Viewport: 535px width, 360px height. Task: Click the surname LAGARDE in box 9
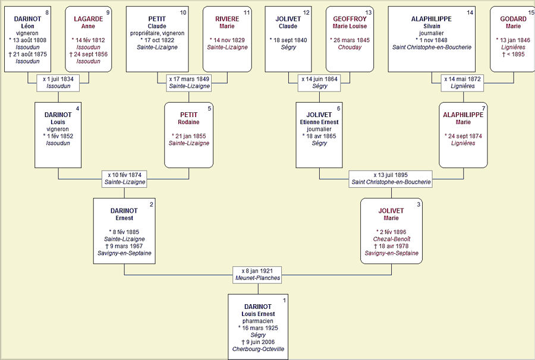(88, 19)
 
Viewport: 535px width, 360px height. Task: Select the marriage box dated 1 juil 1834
(58, 82)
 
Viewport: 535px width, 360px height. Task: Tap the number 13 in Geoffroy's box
(369, 12)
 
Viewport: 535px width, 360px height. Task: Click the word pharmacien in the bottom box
(257, 321)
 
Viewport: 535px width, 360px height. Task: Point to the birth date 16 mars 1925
(257, 328)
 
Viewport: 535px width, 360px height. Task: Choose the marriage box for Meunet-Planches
(257, 274)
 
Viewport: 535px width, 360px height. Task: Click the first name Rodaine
(188, 122)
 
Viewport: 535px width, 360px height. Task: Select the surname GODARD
(513, 19)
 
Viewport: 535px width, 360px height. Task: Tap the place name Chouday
(350, 48)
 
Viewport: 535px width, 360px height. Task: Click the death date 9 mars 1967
(124, 246)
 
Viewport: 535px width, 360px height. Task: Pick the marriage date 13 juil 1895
(391, 175)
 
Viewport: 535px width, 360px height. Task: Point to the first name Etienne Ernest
(319, 122)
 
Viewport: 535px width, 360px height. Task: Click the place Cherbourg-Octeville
(257, 349)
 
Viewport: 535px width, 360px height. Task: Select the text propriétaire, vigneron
(157, 33)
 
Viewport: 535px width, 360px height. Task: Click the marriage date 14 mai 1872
(464, 78)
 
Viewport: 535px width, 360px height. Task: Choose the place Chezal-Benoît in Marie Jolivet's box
(391, 239)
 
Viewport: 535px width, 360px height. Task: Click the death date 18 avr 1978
(391, 246)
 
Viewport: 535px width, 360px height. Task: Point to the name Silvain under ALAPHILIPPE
(431, 26)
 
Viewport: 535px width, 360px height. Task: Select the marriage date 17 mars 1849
(189, 78)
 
